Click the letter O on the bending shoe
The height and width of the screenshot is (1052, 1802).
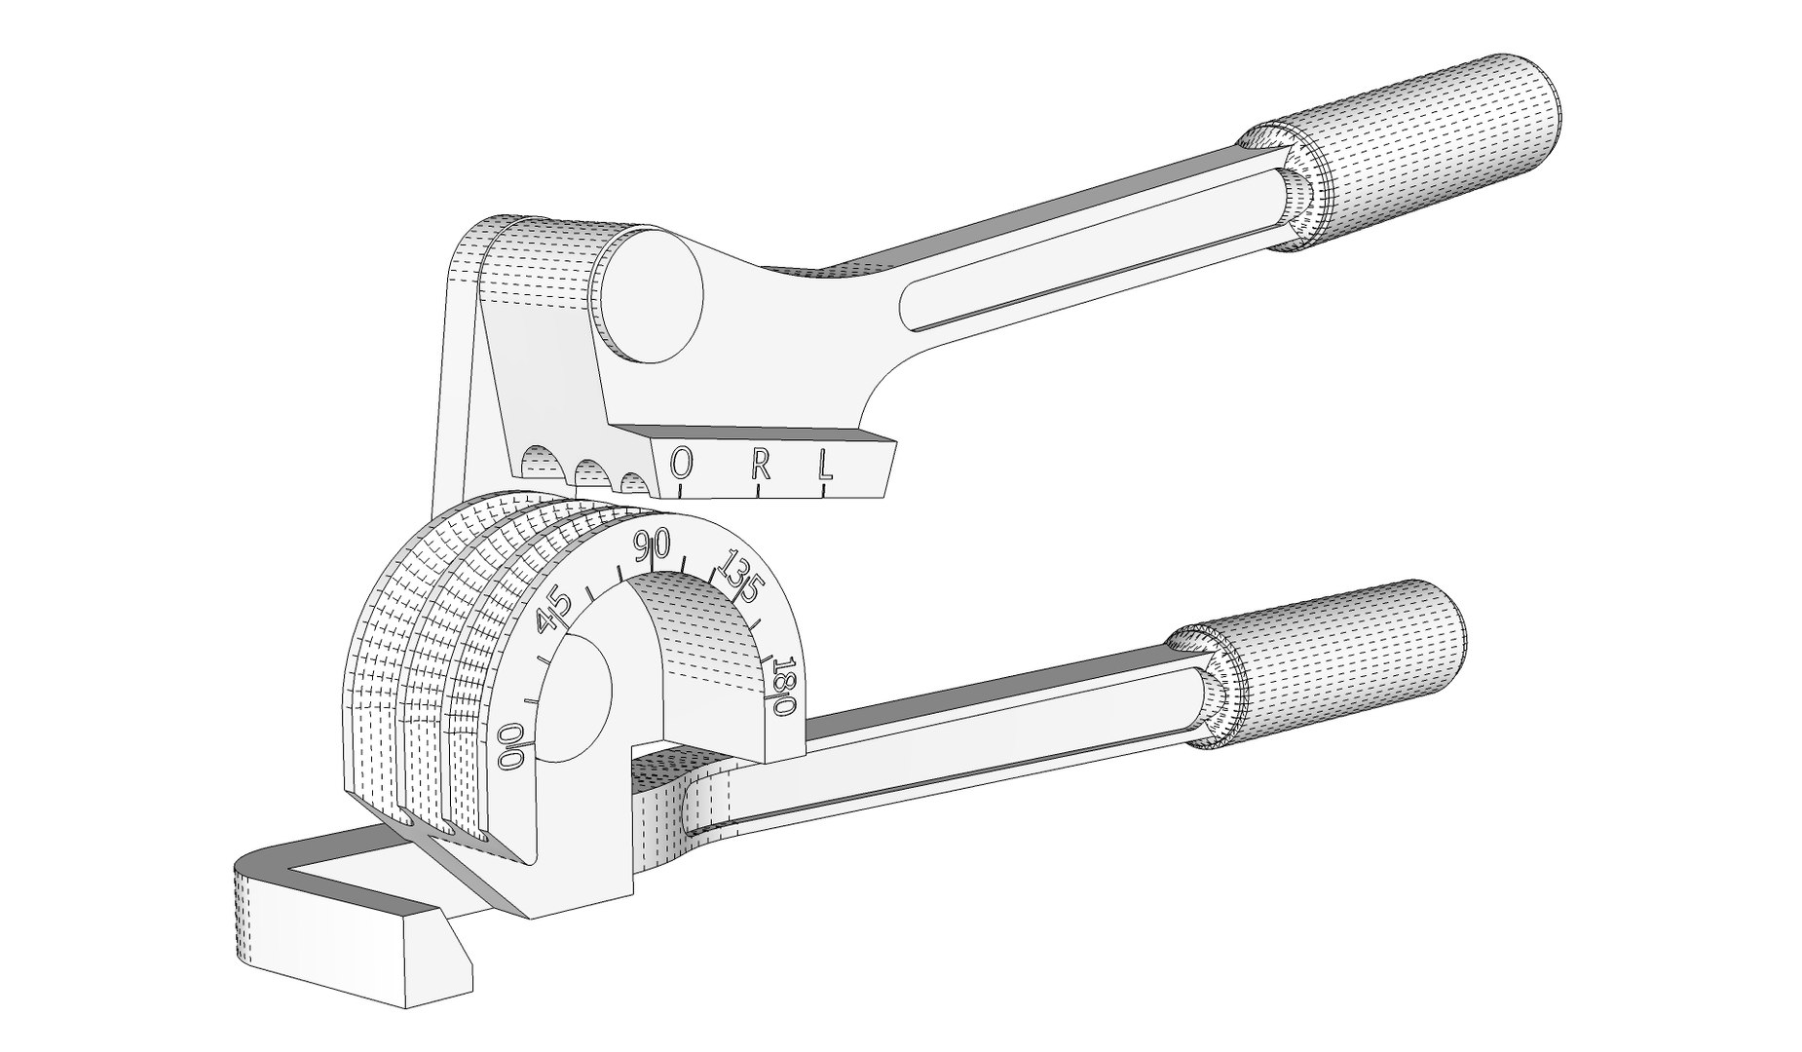coord(682,465)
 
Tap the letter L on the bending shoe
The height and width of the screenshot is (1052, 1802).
coord(825,464)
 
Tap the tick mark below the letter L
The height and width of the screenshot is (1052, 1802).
coord(825,490)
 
